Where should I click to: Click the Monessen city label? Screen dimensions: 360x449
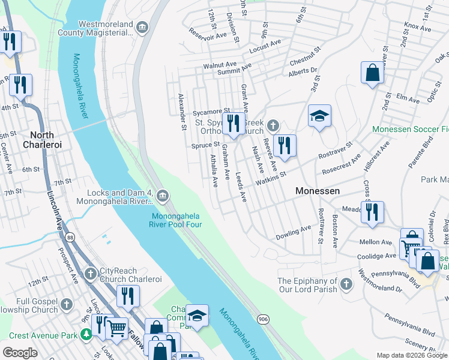(318, 190)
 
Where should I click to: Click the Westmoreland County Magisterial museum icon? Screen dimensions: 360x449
(142, 27)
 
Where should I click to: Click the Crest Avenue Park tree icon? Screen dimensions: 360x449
(88, 334)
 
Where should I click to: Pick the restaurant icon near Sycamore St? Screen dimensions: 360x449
(234, 124)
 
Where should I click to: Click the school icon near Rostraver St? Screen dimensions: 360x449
(319, 116)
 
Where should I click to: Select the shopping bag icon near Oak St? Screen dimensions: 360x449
(372, 74)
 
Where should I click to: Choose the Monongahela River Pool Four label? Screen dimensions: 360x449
(176, 220)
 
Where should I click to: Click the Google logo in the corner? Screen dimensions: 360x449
(20, 353)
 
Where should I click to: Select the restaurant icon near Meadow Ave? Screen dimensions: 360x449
(373, 212)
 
